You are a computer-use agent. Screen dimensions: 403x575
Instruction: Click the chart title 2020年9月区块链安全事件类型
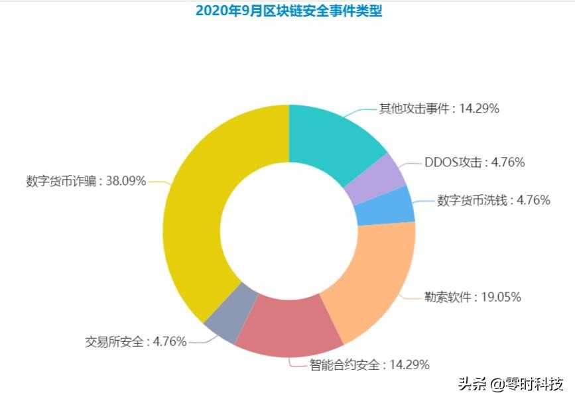288,11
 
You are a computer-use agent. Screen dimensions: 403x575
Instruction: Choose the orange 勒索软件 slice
371,278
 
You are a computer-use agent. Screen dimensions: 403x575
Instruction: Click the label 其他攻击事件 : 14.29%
438,109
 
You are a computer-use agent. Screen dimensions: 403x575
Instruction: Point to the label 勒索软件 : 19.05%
473,298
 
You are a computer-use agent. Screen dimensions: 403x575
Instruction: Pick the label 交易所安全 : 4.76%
136,342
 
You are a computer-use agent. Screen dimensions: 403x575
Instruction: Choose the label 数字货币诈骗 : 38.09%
86,181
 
